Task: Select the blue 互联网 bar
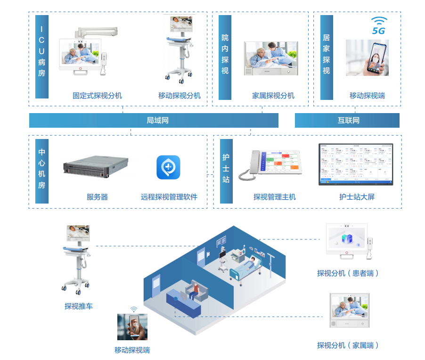[x=347, y=121]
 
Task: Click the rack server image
[x=96, y=171]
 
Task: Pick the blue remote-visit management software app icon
[x=168, y=168]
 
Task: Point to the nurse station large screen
[x=356, y=164]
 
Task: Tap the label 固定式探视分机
[x=97, y=96]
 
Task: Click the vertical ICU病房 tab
[x=42, y=57]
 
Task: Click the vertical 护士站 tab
[x=226, y=171]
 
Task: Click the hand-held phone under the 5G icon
[x=367, y=58]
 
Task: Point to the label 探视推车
[x=79, y=306]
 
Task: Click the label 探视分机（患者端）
[x=348, y=273]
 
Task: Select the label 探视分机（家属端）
[x=348, y=345]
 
